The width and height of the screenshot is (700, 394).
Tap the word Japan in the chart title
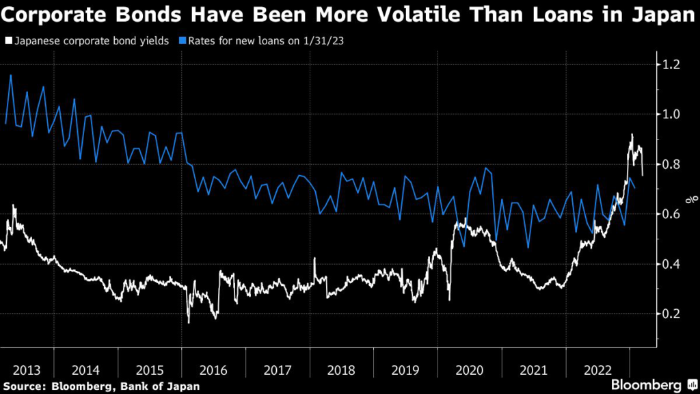pos(661,16)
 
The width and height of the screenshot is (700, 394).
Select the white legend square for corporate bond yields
pos(8,41)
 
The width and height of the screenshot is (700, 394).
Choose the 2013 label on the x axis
pos(27,370)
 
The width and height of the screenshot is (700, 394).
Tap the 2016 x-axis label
pos(213,370)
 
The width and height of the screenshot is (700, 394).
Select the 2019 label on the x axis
pos(406,370)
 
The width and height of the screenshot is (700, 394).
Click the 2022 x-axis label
pos(599,370)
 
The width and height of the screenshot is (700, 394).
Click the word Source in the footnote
pos(25,386)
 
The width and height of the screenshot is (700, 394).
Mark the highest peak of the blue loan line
pos(11,75)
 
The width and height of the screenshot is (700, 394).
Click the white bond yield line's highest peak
pos(632,134)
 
